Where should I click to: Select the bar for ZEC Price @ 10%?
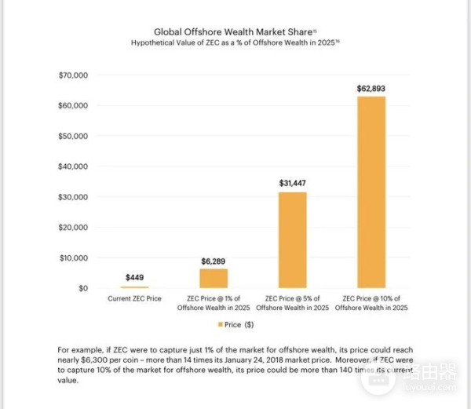[x=371, y=192]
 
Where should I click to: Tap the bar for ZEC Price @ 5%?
[x=292, y=240]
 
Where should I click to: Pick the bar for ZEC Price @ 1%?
[x=213, y=279]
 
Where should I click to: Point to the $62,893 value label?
[x=371, y=88]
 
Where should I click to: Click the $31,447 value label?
[x=292, y=183]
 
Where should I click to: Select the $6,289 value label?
[x=213, y=260]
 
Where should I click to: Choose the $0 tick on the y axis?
[x=82, y=288]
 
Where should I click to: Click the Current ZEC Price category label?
[x=134, y=299]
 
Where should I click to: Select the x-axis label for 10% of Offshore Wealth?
[x=371, y=303]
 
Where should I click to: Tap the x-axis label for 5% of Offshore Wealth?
[x=292, y=303]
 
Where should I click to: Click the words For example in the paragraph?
[x=76, y=349]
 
